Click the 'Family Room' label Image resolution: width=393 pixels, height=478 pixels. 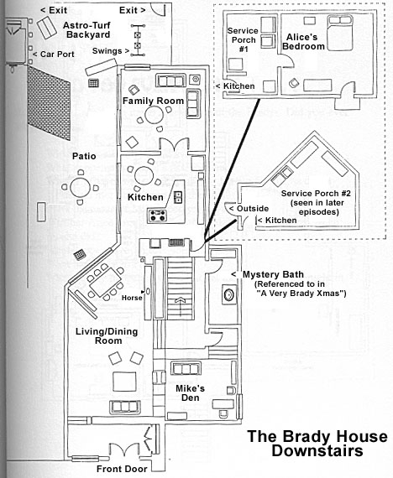pos(153,101)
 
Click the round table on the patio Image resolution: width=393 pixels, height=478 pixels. pos(79,187)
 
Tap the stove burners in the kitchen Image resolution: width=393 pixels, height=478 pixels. pos(157,216)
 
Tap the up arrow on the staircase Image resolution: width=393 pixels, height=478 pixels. pos(178,299)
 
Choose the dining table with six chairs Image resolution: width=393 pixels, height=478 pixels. pos(99,285)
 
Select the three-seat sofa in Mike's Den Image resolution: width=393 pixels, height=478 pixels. pos(186,368)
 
